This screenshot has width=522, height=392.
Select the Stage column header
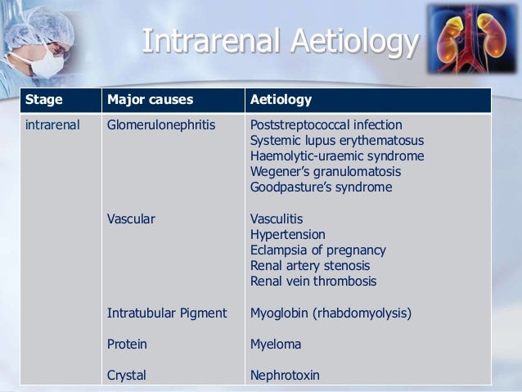point(44,101)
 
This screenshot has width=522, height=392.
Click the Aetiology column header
point(281,101)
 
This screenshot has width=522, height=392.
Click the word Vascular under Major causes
point(131,219)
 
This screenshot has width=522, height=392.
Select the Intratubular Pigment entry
point(167,313)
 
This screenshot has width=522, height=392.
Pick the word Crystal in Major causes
point(127,376)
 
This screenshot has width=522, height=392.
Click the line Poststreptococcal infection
point(326,125)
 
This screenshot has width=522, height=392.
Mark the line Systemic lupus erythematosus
point(337,141)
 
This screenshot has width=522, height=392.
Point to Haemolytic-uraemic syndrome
point(337,156)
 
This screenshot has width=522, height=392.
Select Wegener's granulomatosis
point(326,172)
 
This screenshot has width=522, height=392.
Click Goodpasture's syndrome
point(321,187)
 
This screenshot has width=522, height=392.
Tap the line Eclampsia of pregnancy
point(317,250)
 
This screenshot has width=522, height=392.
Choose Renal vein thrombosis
point(313,282)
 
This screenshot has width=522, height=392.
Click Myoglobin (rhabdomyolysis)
point(331,313)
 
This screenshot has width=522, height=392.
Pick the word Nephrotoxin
point(285,376)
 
